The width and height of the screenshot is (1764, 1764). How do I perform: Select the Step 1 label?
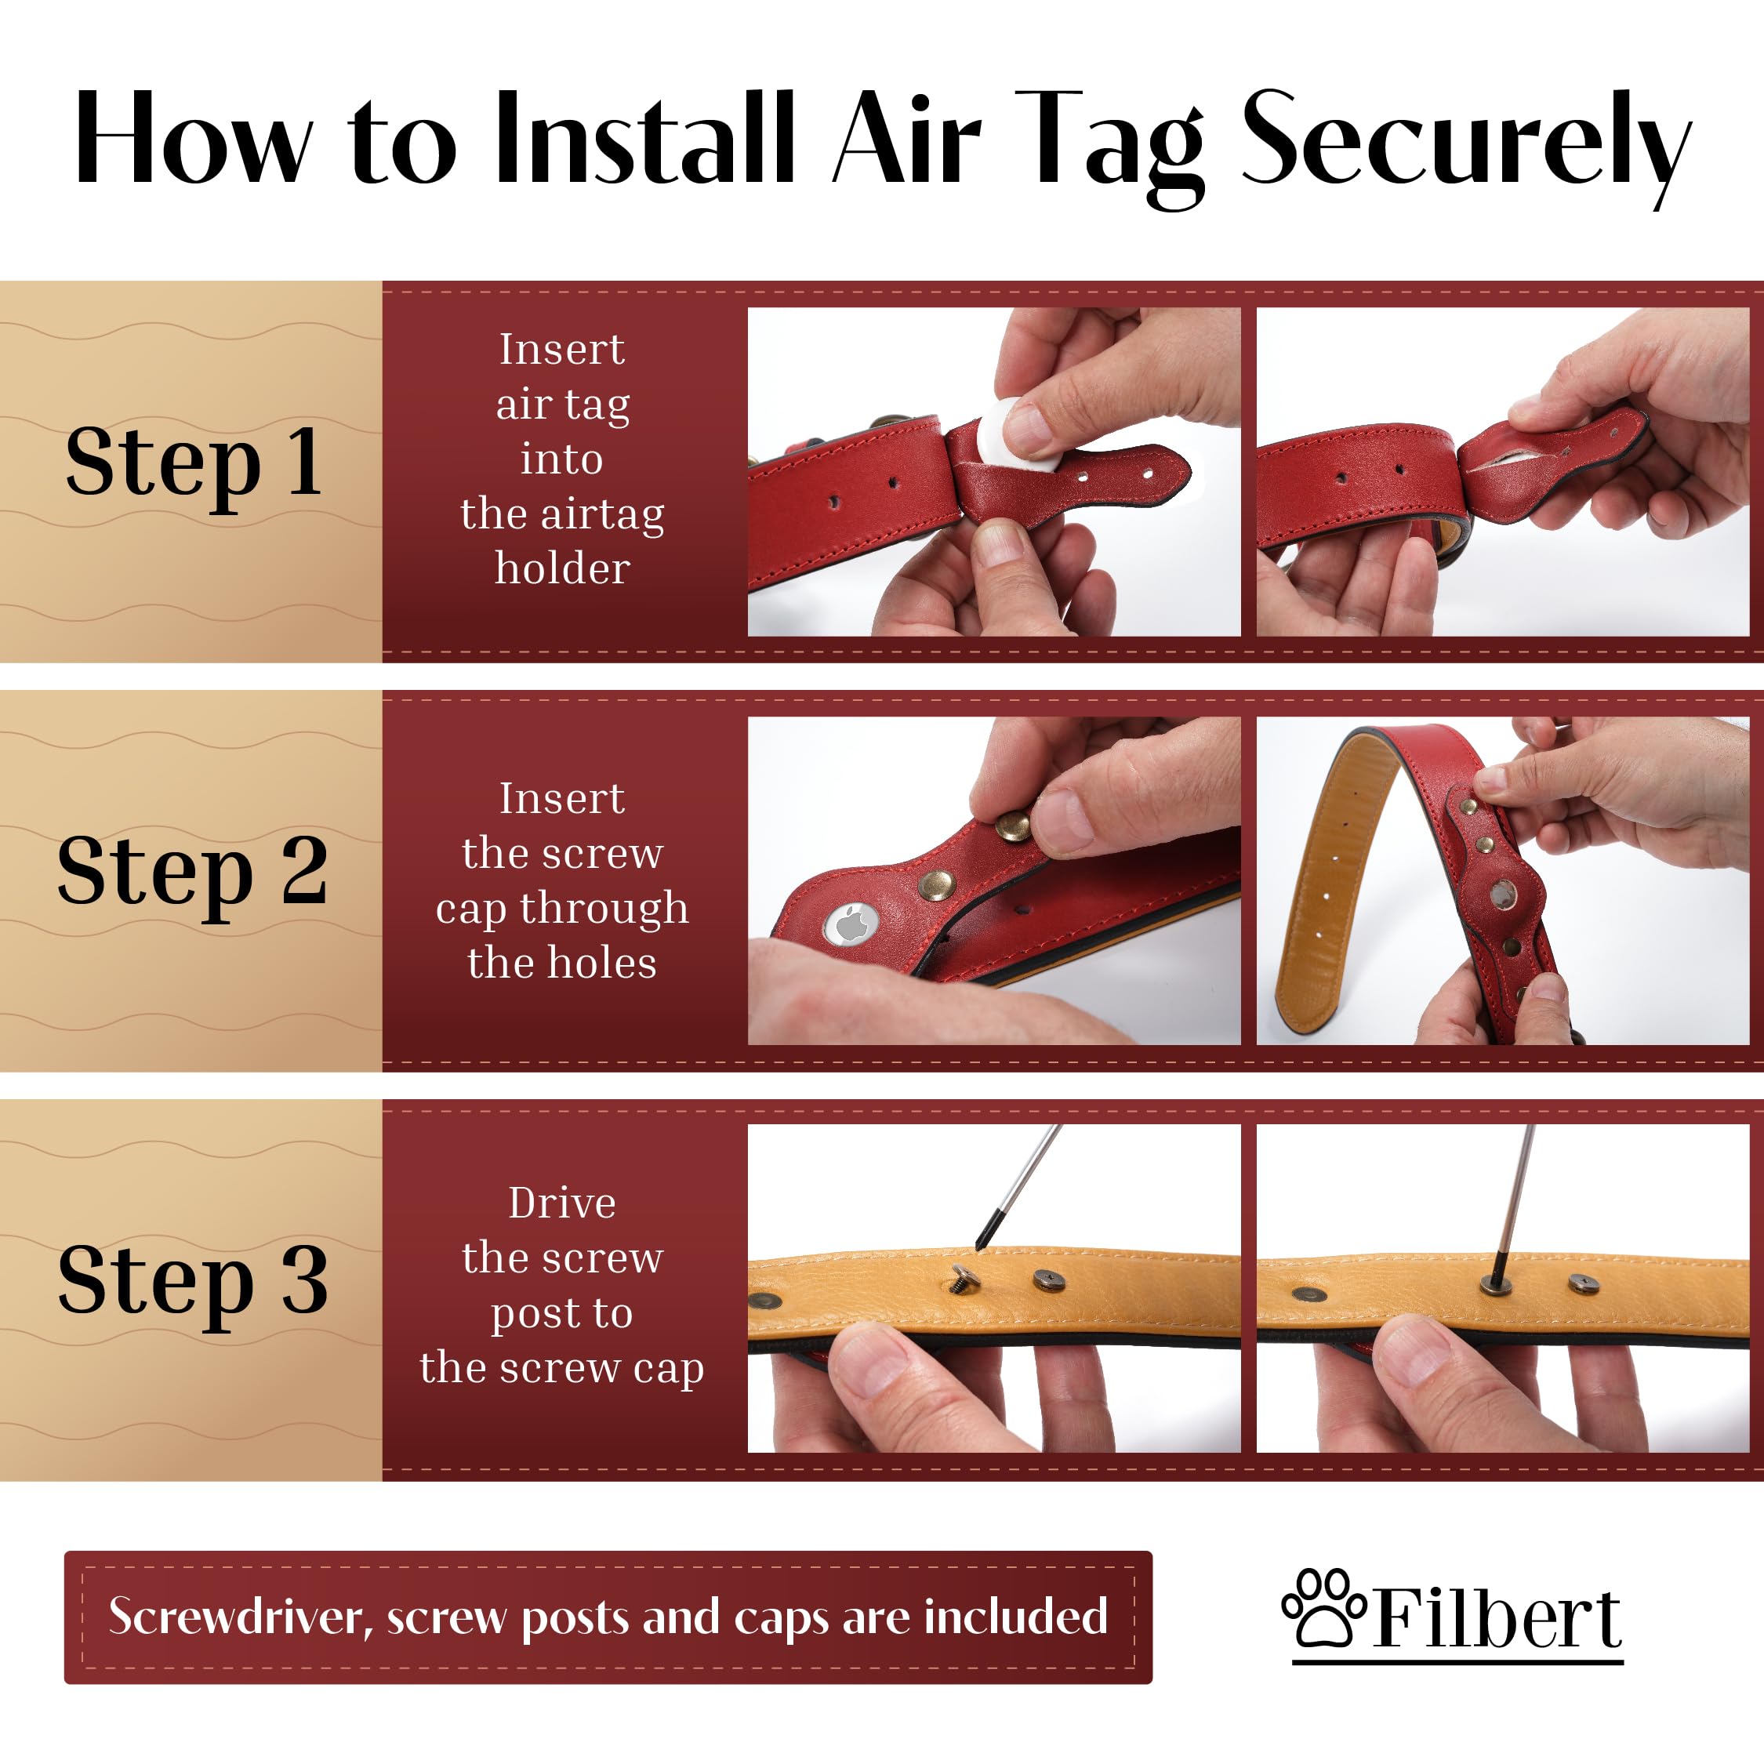tap(194, 464)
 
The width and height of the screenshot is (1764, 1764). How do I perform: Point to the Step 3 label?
tap(193, 1282)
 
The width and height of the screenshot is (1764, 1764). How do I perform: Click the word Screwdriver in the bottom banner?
tap(241, 1617)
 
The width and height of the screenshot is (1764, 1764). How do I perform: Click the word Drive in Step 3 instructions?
tap(562, 1203)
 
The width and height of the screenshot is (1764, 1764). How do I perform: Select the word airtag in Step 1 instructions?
tap(603, 514)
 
